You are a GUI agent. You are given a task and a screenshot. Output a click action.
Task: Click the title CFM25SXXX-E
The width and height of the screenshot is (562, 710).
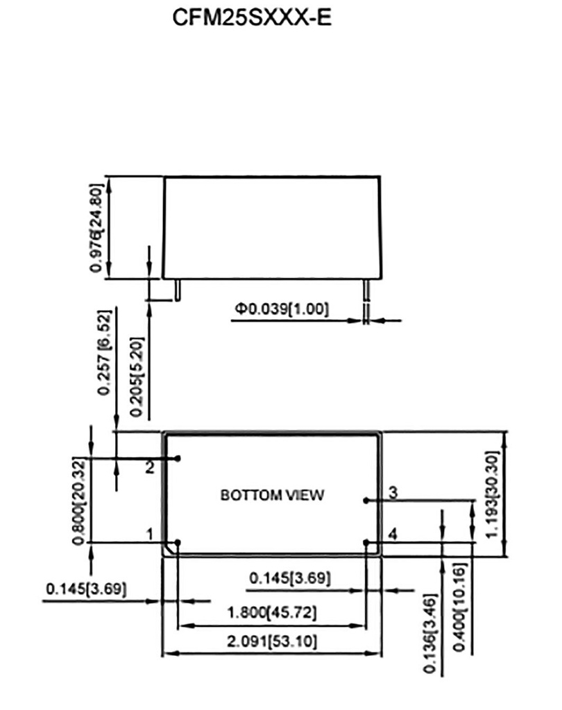tap(252, 17)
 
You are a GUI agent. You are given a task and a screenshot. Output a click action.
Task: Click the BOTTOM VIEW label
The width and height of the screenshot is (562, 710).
tap(272, 495)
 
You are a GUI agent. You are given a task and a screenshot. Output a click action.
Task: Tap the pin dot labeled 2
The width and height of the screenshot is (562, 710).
tap(178, 459)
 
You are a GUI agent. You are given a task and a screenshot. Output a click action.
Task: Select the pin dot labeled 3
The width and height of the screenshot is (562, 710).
tap(365, 501)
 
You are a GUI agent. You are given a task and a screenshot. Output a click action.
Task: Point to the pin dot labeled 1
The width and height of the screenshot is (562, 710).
tap(178, 542)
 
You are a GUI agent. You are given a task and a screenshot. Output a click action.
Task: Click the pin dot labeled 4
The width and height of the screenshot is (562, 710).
tap(366, 542)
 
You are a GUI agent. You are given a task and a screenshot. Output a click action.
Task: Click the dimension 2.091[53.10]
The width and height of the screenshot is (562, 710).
tap(272, 641)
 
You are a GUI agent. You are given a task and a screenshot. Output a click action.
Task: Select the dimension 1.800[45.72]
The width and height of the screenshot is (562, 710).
tap(272, 613)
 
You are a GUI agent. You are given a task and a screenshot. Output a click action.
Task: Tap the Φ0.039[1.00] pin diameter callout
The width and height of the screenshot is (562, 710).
tap(281, 309)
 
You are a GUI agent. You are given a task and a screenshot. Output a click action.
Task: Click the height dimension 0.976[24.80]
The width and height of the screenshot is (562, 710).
tap(96, 227)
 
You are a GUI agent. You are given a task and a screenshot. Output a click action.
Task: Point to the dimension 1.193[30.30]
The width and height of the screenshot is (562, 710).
tap(492, 494)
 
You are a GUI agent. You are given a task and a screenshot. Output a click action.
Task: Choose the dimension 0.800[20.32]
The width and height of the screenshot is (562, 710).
tap(79, 502)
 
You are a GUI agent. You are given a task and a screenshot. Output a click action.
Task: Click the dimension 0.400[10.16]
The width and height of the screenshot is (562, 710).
tap(459, 607)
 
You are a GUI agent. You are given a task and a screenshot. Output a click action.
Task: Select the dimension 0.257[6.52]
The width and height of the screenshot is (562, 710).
tap(104, 352)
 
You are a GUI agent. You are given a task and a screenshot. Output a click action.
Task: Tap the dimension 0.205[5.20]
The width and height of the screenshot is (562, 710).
tap(137, 376)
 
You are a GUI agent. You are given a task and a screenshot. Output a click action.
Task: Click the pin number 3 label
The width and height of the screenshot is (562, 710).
tap(393, 492)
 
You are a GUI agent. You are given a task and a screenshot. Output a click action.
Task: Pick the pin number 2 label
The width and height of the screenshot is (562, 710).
tap(150, 467)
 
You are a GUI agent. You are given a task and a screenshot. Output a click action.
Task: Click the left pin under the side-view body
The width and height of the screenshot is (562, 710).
tap(178, 290)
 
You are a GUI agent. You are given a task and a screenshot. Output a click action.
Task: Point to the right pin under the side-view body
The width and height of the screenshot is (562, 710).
tap(366, 290)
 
